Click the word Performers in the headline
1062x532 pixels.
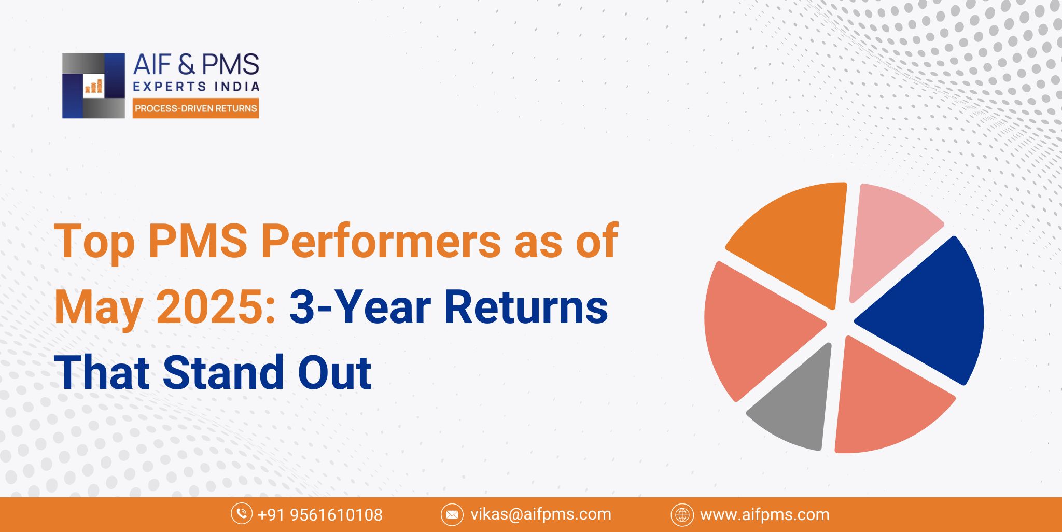381,241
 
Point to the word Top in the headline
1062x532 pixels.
94,241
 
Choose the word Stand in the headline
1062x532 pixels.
223,372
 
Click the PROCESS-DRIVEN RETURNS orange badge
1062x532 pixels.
195,109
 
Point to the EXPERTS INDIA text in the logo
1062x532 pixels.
196,87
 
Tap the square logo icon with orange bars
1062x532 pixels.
93,86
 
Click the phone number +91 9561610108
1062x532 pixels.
320,515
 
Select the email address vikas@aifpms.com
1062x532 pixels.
540,514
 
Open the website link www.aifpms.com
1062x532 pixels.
764,515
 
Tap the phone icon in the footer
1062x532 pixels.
241,514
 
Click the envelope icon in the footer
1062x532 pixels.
452,515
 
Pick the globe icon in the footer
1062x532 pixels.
682,515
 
